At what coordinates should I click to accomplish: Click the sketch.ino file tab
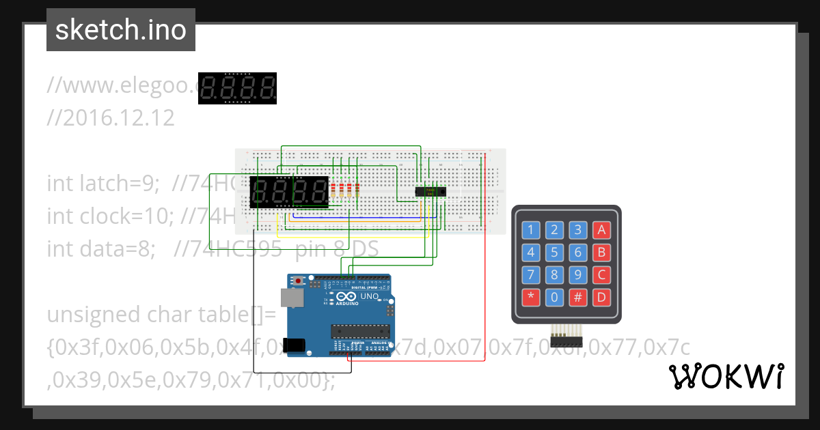point(121,30)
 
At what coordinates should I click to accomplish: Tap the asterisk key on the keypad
point(532,298)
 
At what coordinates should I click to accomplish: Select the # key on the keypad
point(578,298)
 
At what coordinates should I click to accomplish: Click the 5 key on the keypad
point(555,253)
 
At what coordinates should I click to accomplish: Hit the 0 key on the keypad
point(555,298)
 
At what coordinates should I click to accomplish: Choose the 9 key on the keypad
point(578,275)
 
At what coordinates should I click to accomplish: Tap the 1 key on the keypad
point(532,230)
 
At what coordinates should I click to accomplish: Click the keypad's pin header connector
point(566,339)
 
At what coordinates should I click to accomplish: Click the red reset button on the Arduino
point(299,281)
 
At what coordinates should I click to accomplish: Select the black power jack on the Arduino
point(294,345)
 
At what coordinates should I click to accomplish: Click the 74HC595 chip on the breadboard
point(430,192)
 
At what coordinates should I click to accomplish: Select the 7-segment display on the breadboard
point(290,192)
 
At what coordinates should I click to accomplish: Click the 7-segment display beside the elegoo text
point(237,88)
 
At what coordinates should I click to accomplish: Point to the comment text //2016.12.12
point(111,118)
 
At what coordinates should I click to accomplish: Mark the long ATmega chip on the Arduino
point(360,332)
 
